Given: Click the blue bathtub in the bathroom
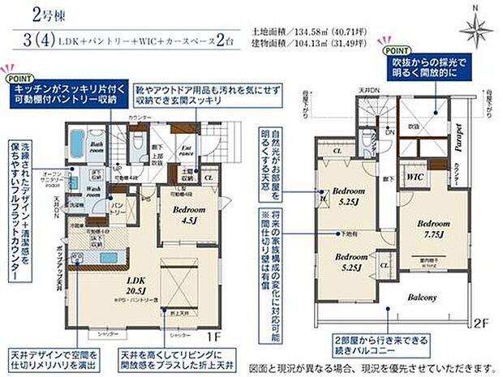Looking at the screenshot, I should click(x=75, y=145).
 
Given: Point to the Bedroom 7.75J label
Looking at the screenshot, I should click(x=436, y=227).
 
